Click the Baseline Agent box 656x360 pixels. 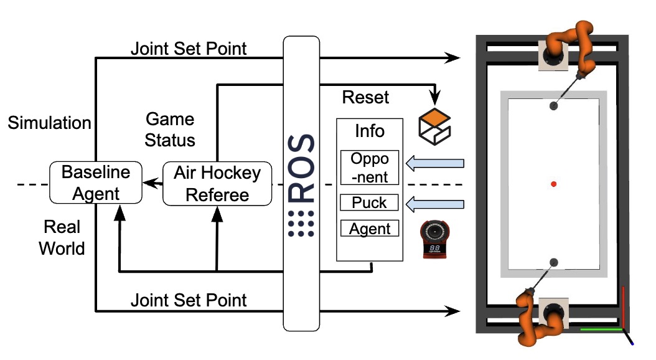tap(95, 183)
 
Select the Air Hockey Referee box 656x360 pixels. tap(217, 184)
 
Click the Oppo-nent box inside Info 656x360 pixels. tap(369, 168)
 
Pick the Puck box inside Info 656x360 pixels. tap(369, 203)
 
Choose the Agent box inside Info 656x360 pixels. tap(369, 229)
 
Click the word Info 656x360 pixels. tap(369, 131)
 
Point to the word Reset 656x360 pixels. tap(365, 98)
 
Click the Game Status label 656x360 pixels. tap(170, 130)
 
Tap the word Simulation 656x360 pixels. tap(50, 123)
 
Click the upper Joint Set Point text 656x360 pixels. tap(189, 49)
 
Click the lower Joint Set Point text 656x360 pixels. tap(189, 300)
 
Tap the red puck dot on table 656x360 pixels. tap(553, 184)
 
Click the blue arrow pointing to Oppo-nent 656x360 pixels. tap(435, 163)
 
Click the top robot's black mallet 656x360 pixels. tap(553, 107)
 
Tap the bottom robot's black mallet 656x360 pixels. tap(553, 262)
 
